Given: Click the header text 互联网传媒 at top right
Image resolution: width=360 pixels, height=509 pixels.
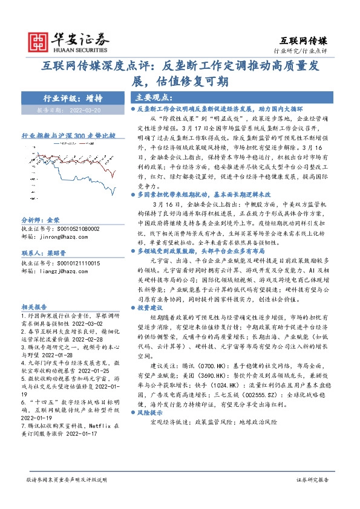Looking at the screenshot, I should tap(306, 41).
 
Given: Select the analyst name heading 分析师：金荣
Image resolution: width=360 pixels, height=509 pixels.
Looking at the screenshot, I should tap(41, 221).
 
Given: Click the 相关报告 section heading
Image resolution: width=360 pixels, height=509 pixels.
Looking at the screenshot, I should tap(33, 306).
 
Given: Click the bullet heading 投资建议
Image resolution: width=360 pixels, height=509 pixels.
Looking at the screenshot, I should tap(151, 306).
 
